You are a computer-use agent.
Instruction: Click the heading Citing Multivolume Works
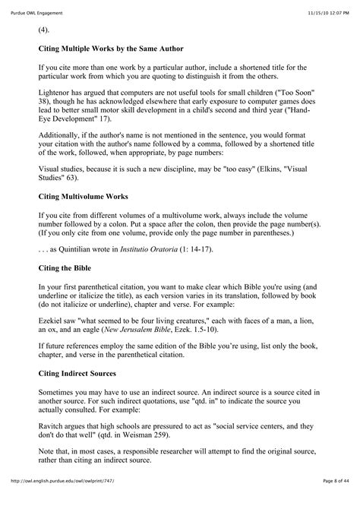(x=89, y=195)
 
